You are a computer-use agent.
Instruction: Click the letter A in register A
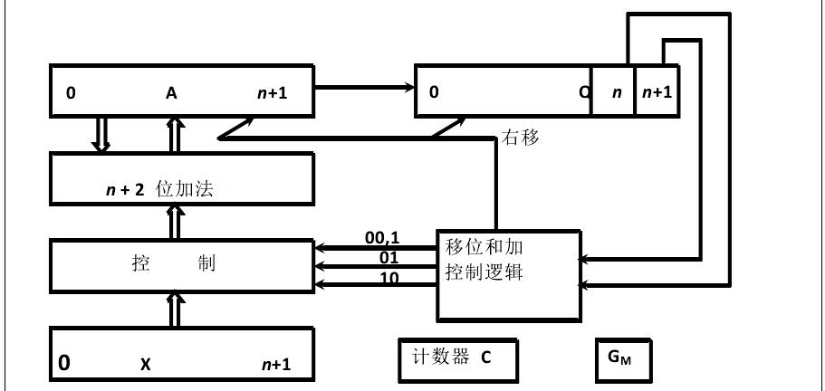click(171, 92)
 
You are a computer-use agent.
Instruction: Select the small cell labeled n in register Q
click(614, 92)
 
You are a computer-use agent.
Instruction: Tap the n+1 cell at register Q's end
click(657, 92)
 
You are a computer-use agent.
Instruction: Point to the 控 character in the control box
click(140, 265)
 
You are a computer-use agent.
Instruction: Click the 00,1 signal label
click(382, 237)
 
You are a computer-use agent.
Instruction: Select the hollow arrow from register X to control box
click(175, 310)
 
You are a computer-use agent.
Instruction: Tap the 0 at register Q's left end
click(434, 92)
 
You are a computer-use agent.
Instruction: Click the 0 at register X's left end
click(64, 363)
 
